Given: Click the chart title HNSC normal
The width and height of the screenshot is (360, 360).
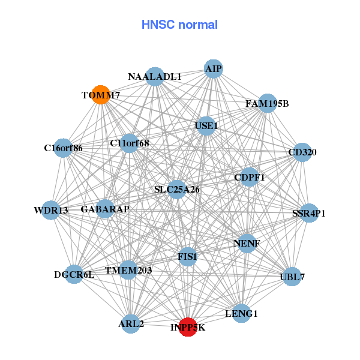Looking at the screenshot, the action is point(179,25).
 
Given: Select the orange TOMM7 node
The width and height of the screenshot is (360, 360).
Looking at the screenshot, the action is point(101,94).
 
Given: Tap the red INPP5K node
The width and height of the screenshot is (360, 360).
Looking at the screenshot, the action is point(188,327).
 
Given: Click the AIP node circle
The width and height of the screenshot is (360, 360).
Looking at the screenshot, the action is point(214,68).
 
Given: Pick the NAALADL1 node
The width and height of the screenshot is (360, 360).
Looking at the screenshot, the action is point(155,76).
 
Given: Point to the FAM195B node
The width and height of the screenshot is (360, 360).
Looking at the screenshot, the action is point(267,103).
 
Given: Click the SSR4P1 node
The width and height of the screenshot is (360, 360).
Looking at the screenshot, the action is point(308,213).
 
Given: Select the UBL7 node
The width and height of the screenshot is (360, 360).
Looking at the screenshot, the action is point(292,277).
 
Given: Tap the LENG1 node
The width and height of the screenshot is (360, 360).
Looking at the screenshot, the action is point(241,313).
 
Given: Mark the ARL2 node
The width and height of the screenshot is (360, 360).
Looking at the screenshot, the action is point(131,324).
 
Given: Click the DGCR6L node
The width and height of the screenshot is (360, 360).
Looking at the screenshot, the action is point(74,275).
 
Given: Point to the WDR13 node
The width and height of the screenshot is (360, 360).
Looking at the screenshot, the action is point(50,210).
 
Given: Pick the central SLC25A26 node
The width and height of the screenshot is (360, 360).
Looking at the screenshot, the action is point(176,190).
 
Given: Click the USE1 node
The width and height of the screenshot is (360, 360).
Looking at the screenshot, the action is point(206,126).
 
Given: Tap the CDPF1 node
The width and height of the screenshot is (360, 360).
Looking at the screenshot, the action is point(249,177).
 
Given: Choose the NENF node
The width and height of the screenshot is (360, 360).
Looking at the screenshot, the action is point(246,244).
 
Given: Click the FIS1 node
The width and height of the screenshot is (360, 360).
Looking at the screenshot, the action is point(187,257).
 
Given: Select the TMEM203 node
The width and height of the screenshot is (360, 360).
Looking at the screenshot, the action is point(128,271).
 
